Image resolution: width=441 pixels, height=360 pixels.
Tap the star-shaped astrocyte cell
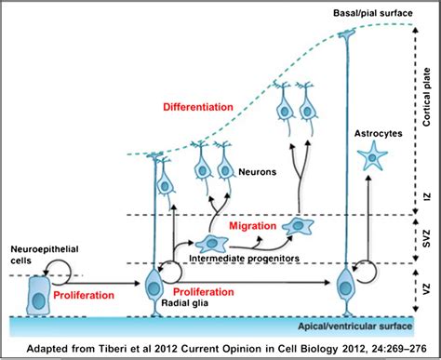tap(373, 157)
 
